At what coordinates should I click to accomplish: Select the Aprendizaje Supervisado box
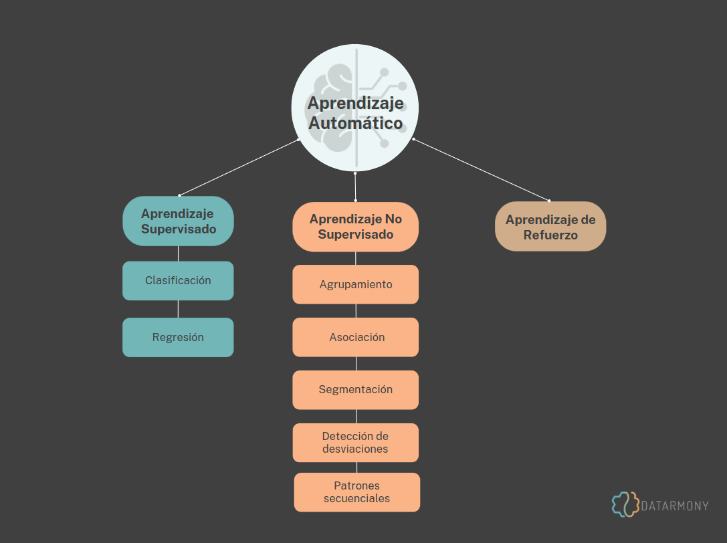tap(178, 221)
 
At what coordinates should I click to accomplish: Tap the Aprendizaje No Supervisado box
tap(355, 227)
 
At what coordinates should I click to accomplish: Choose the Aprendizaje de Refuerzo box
tap(550, 227)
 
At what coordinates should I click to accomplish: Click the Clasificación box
tap(178, 281)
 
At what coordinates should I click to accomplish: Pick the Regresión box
tap(178, 337)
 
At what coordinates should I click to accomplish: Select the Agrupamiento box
tap(355, 284)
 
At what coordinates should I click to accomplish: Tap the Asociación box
tap(355, 337)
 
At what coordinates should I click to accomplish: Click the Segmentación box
tap(355, 390)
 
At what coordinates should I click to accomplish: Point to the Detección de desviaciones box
tap(355, 443)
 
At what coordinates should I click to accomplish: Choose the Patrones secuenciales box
tap(357, 492)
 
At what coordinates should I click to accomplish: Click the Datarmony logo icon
tap(625, 505)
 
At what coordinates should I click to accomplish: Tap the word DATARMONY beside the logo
tap(675, 506)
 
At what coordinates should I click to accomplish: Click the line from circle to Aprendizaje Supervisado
tap(239, 167)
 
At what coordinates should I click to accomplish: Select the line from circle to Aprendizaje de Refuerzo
tap(482, 170)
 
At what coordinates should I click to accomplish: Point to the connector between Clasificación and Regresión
tap(178, 309)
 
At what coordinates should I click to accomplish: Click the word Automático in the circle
tap(355, 124)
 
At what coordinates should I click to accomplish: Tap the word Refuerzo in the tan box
tap(550, 235)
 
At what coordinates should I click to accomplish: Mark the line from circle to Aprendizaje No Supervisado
tap(355, 187)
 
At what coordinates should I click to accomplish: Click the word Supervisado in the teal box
tap(179, 229)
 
